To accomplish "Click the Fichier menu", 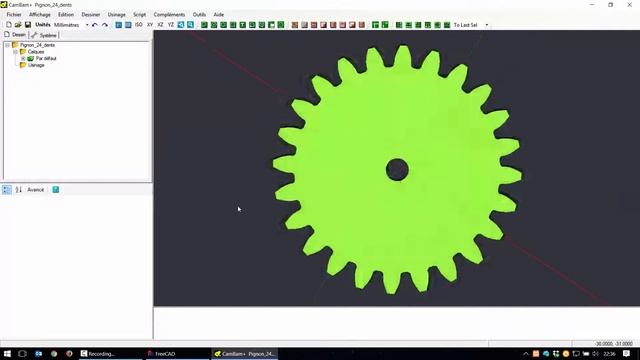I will (x=14, y=15).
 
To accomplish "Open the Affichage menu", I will (x=40, y=15).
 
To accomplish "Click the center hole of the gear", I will (x=397, y=169).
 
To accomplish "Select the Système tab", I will (x=47, y=35).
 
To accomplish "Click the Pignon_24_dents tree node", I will (x=37, y=45).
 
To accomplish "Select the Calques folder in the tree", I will (x=36, y=52).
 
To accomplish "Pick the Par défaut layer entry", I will (x=45, y=58).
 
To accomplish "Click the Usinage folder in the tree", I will (x=36, y=65).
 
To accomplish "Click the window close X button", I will (x=628, y=4).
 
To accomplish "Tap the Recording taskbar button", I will (x=100, y=353).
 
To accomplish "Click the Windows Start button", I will (x=8, y=353).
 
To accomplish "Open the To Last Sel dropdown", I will (x=470, y=25).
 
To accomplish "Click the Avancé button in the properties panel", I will (x=35, y=189).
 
